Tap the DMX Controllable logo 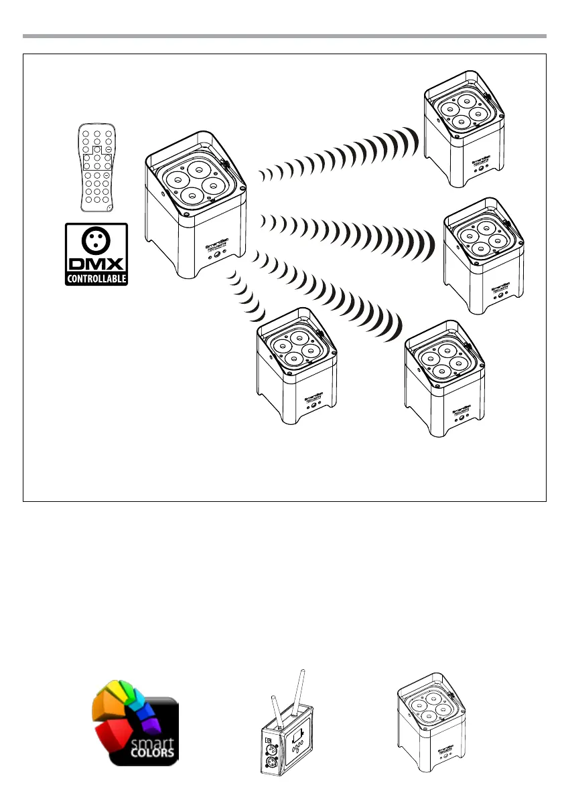click(x=96, y=255)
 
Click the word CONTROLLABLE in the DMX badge click(x=96, y=278)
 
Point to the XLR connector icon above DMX click(x=96, y=240)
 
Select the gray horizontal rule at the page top click(x=281, y=35)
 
